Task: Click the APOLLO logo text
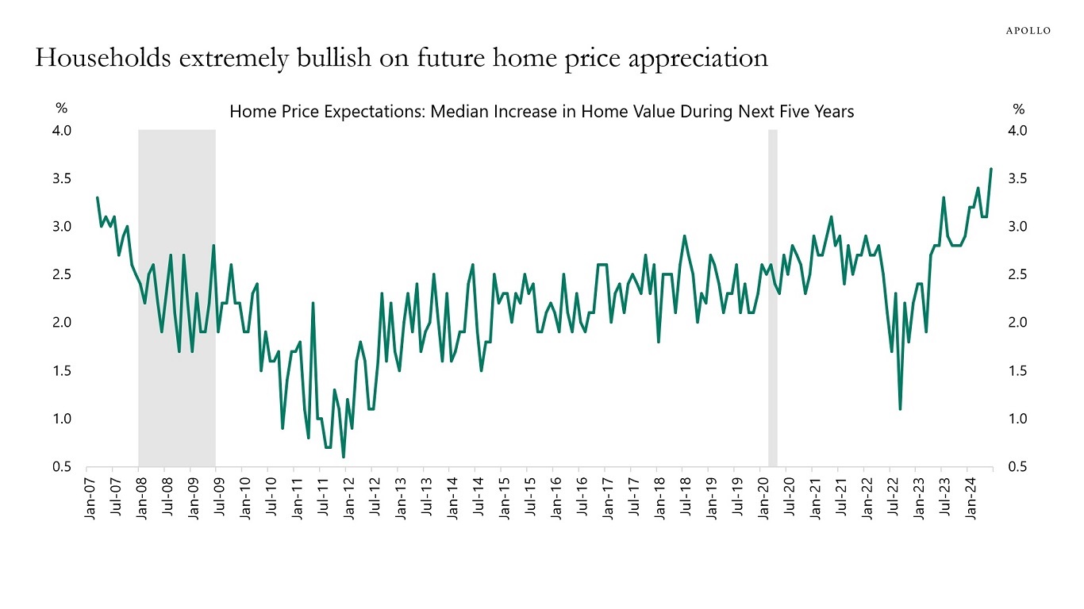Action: pos(1028,30)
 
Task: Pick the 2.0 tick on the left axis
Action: pos(63,323)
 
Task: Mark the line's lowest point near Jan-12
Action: pos(344,457)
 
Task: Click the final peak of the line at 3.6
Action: pos(991,169)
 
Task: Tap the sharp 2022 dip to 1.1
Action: pos(900,409)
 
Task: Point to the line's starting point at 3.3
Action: pos(97,197)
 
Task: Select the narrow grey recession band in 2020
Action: pos(772,297)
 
